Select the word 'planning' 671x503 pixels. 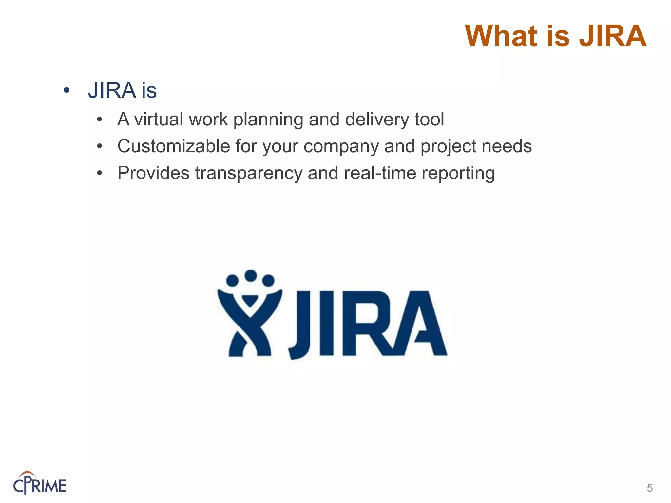(x=268, y=120)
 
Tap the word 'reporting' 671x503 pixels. (x=458, y=174)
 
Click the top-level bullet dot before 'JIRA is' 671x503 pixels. (x=67, y=90)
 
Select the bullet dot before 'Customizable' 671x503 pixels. (x=100, y=146)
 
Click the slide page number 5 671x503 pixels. (x=650, y=488)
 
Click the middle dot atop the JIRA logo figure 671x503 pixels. (x=251, y=275)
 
